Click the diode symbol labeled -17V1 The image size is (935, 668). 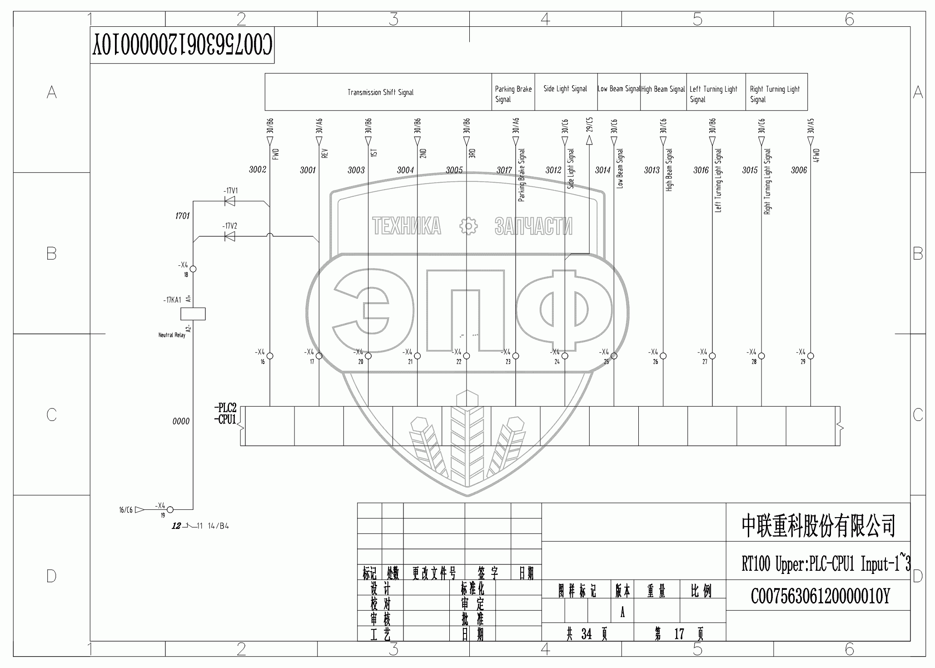(x=230, y=201)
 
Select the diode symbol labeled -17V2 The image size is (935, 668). (x=230, y=236)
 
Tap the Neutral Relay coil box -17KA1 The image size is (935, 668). (x=193, y=314)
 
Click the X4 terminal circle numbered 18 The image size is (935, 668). (x=193, y=269)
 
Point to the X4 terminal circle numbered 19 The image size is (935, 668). (x=170, y=510)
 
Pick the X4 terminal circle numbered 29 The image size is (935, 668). (x=811, y=356)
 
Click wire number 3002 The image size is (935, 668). (x=258, y=169)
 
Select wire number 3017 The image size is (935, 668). (x=504, y=170)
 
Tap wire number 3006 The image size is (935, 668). (x=799, y=170)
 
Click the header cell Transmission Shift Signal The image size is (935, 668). (x=380, y=92)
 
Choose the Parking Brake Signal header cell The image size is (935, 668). (x=513, y=94)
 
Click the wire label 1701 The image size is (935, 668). (x=182, y=216)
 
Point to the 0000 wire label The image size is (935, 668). (x=181, y=421)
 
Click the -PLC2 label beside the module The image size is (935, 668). (x=225, y=408)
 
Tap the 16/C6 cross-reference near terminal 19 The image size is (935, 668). (x=126, y=510)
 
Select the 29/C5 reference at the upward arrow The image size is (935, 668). (x=589, y=125)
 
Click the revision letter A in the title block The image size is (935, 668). (x=622, y=613)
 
